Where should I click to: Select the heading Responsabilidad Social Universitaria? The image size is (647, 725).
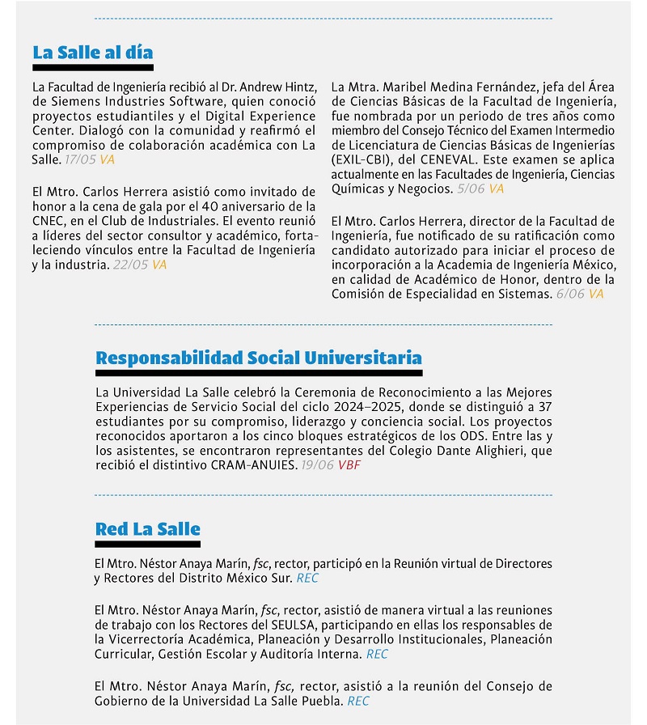pyautogui.click(x=258, y=358)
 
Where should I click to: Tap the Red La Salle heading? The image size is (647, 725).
pyautogui.click(x=147, y=530)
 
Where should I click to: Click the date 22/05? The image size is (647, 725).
pyautogui.click(x=130, y=265)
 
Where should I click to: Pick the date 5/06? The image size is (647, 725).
pyautogui.click(x=471, y=189)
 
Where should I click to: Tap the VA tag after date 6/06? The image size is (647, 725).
pyautogui.click(x=596, y=294)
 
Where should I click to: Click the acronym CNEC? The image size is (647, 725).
pyautogui.click(x=49, y=221)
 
